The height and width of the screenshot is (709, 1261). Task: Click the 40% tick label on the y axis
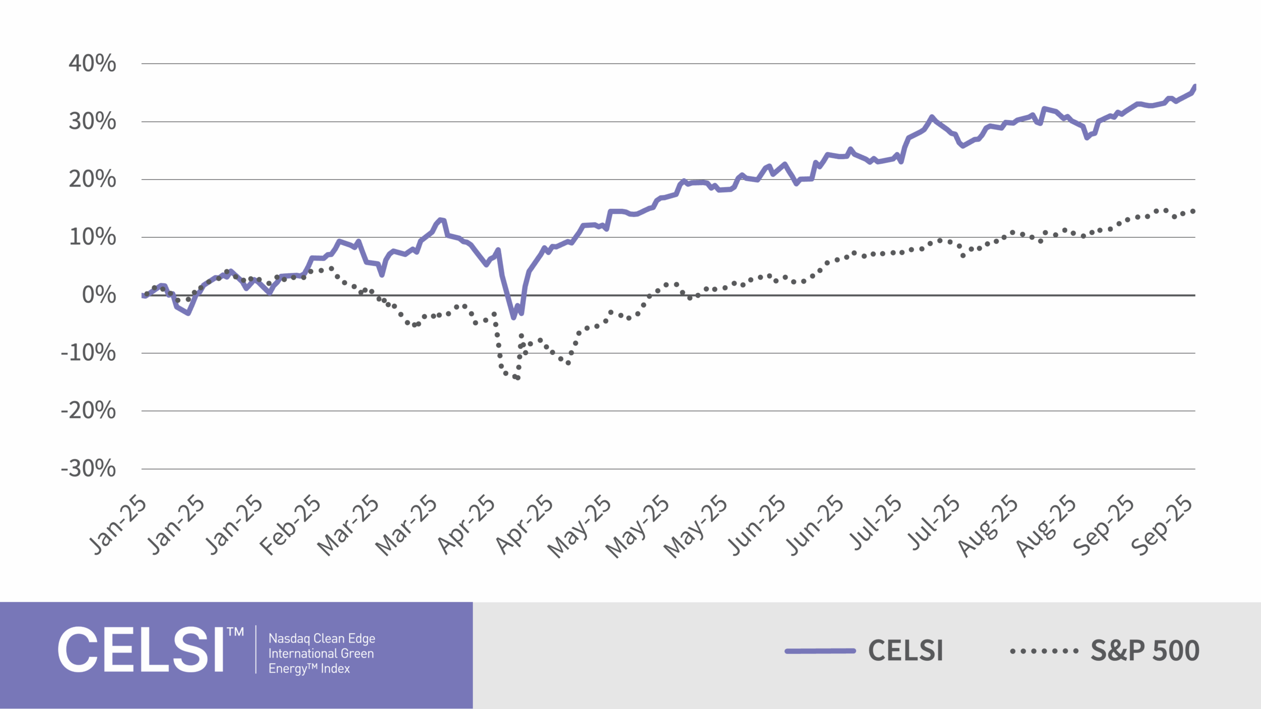tap(92, 64)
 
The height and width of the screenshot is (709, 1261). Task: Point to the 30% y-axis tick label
tap(92, 121)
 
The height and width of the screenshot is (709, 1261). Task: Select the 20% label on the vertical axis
tap(92, 179)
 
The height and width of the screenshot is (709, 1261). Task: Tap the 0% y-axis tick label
tap(99, 295)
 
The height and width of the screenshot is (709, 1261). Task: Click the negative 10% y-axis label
tap(88, 353)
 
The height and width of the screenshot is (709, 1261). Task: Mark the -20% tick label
tap(88, 411)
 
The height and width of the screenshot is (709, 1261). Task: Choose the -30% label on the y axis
tap(88, 469)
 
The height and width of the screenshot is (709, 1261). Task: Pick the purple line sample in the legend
tap(820, 651)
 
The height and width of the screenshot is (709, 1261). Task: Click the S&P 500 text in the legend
tap(1145, 651)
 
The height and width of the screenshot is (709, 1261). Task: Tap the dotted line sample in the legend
tap(1044, 651)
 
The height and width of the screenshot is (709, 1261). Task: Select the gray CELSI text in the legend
tap(905, 651)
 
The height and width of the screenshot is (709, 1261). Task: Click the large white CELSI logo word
tap(141, 650)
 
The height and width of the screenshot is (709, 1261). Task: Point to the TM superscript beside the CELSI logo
tap(235, 632)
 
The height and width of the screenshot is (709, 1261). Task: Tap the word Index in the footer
tap(335, 669)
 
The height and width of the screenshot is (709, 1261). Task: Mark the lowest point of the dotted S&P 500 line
tap(518, 378)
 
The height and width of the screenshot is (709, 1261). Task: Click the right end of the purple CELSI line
tap(1195, 87)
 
